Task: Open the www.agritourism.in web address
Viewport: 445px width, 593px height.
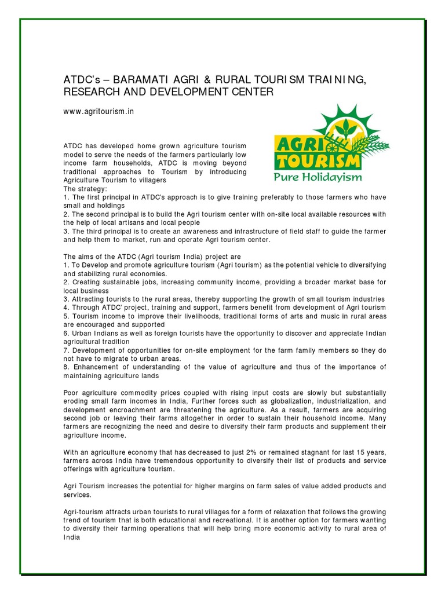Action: (99, 111)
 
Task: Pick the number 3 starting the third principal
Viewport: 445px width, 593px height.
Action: (66, 231)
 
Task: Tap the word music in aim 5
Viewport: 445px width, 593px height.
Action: (304, 316)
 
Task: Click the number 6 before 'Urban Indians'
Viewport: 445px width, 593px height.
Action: (66, 334)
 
